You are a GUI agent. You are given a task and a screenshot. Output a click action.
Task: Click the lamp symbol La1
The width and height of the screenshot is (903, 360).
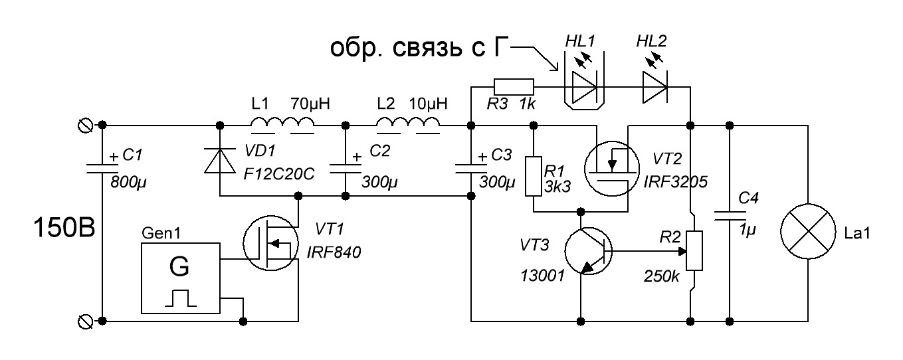point(808,231)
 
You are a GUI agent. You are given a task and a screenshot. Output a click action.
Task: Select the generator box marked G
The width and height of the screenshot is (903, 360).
point(181,278)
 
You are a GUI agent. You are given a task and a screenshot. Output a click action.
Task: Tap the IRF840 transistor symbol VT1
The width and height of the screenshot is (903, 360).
point(271,243)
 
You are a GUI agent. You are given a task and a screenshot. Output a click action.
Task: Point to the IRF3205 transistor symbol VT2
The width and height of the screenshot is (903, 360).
point(612,169)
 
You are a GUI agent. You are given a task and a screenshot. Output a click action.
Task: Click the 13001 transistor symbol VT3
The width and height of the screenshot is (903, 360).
point(588,251)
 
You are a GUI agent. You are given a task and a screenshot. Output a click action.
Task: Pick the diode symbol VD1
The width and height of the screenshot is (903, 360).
point(220,161)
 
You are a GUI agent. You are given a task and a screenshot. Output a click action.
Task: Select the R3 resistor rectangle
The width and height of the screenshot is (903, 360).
point(514,87)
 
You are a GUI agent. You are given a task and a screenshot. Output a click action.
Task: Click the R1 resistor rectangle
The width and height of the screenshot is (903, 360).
point(534,177)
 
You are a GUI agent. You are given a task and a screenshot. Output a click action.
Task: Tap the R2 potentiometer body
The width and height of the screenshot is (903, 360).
point(694,250)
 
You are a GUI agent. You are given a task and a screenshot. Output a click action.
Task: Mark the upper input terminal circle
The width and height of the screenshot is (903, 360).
point(85,126)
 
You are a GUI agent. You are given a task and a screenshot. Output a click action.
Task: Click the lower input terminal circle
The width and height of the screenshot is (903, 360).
point(85,321)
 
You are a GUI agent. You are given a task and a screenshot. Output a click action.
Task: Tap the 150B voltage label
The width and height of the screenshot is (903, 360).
point(64,228)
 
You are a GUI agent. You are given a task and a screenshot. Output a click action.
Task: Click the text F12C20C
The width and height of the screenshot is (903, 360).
point(279,174)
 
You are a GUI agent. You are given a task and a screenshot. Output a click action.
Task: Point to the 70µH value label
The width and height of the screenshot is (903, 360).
point(310,104)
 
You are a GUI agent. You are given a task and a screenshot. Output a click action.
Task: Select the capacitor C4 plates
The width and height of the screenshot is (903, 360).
point(730,216)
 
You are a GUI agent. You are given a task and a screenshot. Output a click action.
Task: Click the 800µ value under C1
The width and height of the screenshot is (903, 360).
point(128,182)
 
